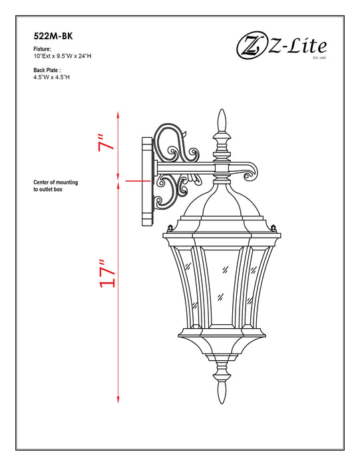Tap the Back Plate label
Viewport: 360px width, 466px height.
[47, 69]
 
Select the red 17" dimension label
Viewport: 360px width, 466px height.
[107, 273]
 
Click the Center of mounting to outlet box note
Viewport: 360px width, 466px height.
[56, 186]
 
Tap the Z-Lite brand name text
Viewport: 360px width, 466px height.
[297, 46]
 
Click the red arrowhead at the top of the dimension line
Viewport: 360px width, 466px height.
[118, 115]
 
